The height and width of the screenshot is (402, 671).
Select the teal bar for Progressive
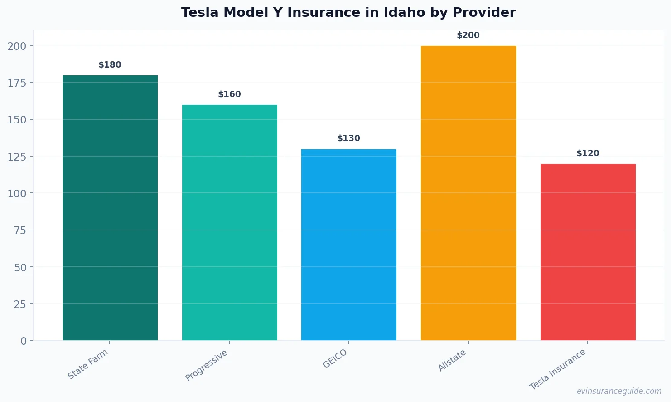coord(229,222)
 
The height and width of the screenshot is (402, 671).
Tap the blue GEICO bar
coord(348,245)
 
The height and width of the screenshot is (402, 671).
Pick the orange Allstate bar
coord(468,193)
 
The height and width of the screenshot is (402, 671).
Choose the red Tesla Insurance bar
coord(588,252)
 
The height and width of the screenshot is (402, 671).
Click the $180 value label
coord(110,65)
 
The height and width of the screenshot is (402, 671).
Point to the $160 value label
coord(229,94)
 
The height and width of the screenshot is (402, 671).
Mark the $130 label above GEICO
coord(348,138)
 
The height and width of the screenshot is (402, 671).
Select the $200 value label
coord(468,35)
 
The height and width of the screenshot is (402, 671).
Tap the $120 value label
coord(588,153)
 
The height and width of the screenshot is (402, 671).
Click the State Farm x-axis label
coord(88,364)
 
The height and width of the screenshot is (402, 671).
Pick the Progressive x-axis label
coord(207,365)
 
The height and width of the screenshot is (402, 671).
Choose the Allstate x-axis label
coord(452,361)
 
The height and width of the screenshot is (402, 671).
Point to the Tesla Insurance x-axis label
coord(558,369)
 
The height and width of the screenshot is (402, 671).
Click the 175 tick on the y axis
coord(17,83)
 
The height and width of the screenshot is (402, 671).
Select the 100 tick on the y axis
coord(17,193)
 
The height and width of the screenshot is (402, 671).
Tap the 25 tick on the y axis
coord(20,304)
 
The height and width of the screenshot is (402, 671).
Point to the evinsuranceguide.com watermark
coord(619,391)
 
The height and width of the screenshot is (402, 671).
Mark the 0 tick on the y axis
coord(24,341)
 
